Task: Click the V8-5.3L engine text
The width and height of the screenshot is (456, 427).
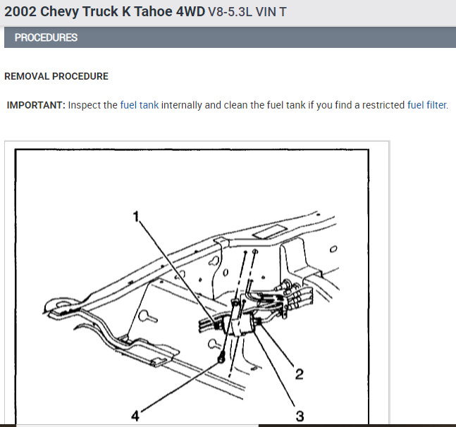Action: point(234,13)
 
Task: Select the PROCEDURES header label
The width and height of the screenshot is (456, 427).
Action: point(46,37)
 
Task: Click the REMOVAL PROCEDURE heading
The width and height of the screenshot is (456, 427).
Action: point(56,76)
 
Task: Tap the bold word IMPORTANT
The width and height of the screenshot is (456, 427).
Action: point(36,105)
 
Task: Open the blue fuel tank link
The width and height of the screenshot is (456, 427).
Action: point(140,105)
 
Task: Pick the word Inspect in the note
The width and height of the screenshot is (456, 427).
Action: point(85,105)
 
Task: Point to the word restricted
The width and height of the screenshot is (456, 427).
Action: point(380,105)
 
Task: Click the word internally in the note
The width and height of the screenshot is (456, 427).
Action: point(182,105)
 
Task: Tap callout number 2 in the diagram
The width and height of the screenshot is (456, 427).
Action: point(299,373)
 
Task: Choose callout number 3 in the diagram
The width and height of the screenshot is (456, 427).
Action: point(300,416)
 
